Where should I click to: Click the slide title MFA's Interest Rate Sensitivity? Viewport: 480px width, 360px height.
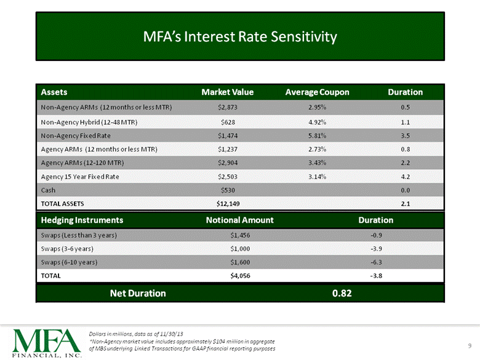(x=240, y=37)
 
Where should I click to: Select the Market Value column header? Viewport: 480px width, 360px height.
(x=228, y=92)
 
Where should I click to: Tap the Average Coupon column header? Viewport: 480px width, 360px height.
(x=317, y=92)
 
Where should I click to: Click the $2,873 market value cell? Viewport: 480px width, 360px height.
(x=228, y=107)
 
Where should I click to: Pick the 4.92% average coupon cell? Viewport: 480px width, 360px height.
(x=317, y=122)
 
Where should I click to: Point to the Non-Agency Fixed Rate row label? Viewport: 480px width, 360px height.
(x=76, y=135)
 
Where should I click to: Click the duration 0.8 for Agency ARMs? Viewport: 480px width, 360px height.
(x=406, y=149)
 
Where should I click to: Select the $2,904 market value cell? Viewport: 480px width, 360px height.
(x=228, y=162)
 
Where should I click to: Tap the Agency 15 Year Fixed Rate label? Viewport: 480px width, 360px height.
(x=80, y=177)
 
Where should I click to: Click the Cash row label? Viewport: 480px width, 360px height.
(x=48, y=190)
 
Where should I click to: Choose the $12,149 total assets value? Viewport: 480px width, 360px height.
(x=228, y=204)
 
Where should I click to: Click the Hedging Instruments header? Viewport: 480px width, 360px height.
(x=82, y=220)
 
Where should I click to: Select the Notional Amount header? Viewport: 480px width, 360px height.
(x=240, y=220)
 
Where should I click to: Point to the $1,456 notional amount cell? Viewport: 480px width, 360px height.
(x=240, y=235)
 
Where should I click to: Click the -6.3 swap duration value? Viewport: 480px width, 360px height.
(x=376, y=262)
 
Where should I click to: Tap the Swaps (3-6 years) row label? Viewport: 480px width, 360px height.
(x=67, y=249)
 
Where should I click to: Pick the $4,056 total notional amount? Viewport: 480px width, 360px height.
(x=240, y=276)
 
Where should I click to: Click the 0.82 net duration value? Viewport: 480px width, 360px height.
(x=342, y=294)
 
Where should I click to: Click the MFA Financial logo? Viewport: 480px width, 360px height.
(x=47, y=343)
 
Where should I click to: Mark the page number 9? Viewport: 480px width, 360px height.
(x=470, y=346)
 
